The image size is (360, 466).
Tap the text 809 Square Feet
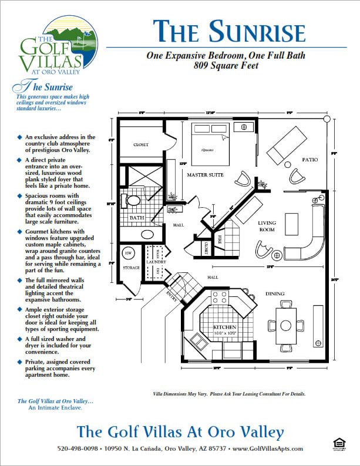click(x=226, y=66)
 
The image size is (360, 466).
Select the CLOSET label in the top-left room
click(x=141, y=144)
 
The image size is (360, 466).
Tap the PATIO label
click(x=309, y=159)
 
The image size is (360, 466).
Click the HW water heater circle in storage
click(x=127, y=253)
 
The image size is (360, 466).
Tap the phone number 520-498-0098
click(x=79, y=448)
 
